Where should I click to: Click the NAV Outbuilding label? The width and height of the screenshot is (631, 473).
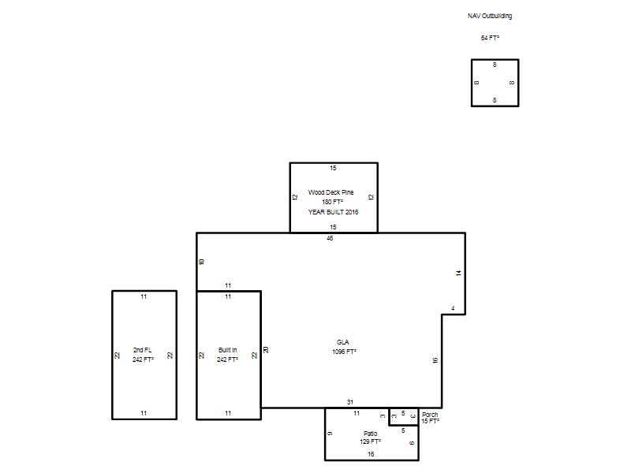(x=490, y=16)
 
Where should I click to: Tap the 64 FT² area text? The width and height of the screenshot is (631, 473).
(x=490, y=38)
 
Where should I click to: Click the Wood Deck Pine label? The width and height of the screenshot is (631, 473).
(x=330, y=192)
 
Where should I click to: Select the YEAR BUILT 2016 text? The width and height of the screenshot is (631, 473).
(x=333, y=212)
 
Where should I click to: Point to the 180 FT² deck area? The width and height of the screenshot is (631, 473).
(x=332, y=202)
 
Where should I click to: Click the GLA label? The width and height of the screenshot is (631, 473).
(x=343, y=342)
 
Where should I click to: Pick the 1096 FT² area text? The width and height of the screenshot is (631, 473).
(x=344, y=352)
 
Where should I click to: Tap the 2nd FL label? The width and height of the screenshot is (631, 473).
(x=143, y=350)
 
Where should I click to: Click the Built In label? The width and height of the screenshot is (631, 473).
(x=227, y=350)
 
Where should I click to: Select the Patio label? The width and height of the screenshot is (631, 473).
(x=370, y=433)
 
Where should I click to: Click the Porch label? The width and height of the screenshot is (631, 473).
(x=430, y=415)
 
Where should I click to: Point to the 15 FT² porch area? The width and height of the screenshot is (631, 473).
(x=430, y=421)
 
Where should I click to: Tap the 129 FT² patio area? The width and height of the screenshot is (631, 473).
(x=370, y=441)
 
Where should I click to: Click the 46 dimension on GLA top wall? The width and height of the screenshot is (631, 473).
(x=330, y=238)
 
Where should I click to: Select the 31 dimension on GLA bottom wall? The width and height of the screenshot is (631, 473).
(x=350, y=402)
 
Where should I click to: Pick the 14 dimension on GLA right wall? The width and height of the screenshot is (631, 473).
(x=458, y=273)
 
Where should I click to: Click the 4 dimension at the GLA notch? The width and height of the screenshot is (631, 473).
(x=453, y=308)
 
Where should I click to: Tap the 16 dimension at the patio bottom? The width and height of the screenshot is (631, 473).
(x=371, y=454)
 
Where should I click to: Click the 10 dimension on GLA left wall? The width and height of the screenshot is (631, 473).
(x=202, y=262)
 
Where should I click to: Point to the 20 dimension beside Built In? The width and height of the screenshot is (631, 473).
(x=266, y=350)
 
